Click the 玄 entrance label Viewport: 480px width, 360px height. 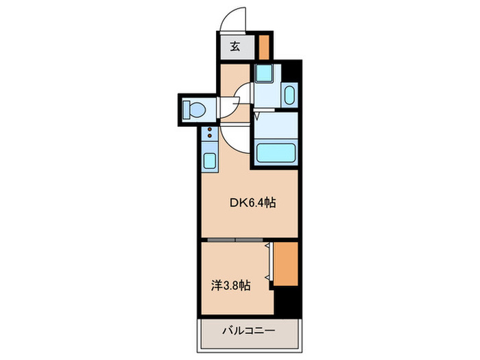tap(235, 47)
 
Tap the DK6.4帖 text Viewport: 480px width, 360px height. tap(253, 203)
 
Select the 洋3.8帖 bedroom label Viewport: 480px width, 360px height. tap(231, 285)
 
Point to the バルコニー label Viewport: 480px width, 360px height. tap(248, 331)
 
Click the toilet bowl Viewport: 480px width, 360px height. tap(195, 109)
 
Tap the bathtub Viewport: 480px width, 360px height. tap(276, 153)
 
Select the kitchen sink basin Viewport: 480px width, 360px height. tap(210, 160)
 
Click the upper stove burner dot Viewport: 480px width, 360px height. tap(210, 130)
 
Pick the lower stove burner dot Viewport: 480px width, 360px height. tap(210, 136)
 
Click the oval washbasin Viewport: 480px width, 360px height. tap(289, 95)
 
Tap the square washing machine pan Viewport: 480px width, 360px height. tap(264, 73)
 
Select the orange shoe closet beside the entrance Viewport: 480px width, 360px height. tap(264, 47)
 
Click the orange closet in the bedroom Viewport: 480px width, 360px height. tap(286, 264)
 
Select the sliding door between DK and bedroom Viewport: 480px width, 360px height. tap(235, 240)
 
